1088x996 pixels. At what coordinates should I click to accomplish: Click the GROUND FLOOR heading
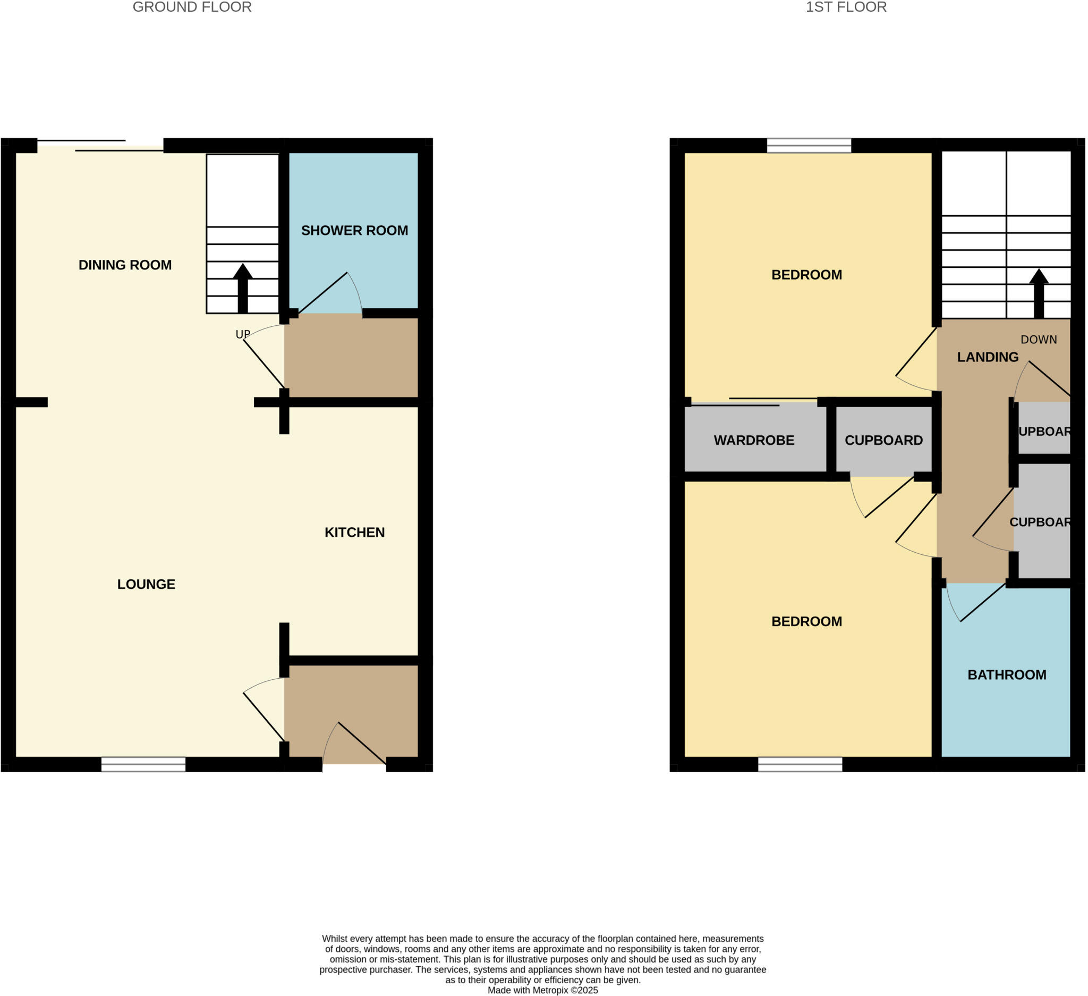point(192,7)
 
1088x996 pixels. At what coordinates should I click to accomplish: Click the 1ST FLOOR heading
point(846,7)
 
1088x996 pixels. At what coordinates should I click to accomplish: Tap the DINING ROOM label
point(125,265)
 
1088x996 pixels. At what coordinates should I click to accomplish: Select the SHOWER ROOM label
point(354,231)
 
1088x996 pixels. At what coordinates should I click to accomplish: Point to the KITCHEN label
point(354,532)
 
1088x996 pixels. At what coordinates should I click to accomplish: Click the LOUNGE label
point(146,584)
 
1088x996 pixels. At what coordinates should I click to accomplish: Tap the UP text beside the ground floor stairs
point(242,335)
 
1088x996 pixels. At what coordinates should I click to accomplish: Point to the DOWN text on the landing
point(1039,340)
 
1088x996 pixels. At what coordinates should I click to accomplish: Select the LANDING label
point(988,357)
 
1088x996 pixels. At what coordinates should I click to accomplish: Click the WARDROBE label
point(754,441)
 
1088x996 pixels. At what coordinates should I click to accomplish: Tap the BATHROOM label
point(1007,675)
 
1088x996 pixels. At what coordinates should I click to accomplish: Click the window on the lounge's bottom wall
point(143,764)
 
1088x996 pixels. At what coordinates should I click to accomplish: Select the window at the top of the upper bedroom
point(809,146)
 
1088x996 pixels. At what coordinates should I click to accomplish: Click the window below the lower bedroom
point(800,764)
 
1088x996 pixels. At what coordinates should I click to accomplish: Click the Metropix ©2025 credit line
point(543,990)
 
